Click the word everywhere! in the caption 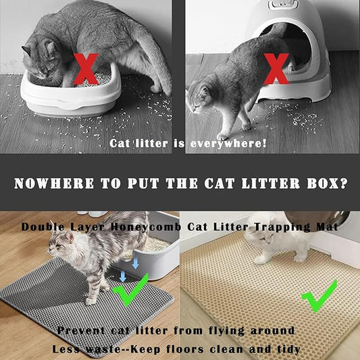pyautogui.click(x=228, y=143)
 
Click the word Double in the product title pyautogui.click(x=43, y=228)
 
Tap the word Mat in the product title pyautogui.click(x=328, y=228)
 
